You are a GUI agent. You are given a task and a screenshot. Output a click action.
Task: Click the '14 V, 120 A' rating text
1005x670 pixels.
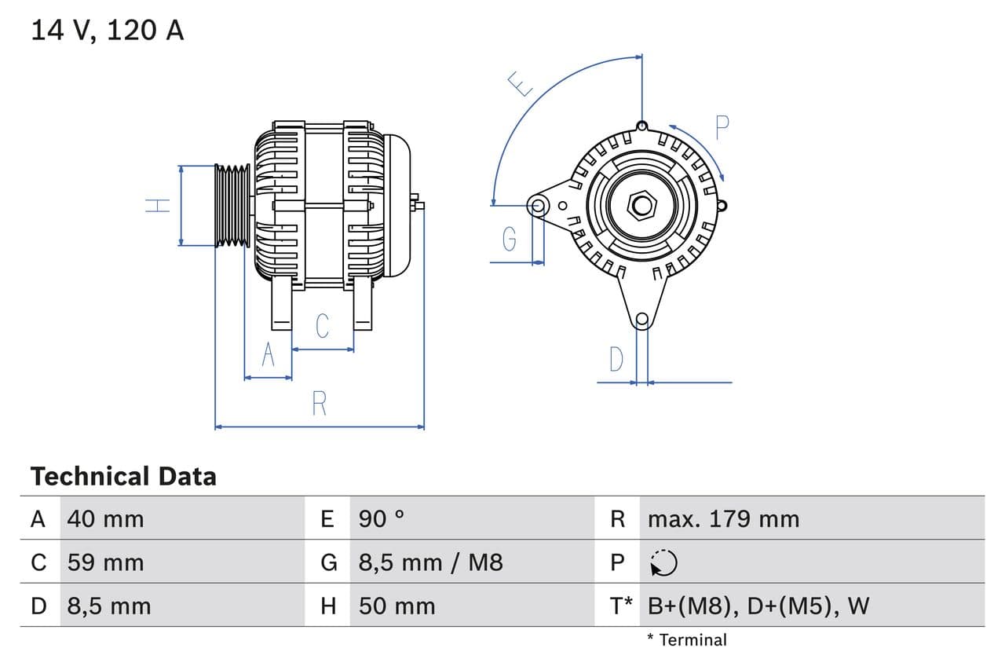tap(108, 30)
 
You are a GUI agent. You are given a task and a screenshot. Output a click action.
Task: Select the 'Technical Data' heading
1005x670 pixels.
tap(123, 477)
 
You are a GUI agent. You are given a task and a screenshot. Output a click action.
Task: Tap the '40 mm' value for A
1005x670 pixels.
tap(105, 519)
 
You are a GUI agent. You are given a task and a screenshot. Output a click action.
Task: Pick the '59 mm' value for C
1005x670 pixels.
tap(105, 562)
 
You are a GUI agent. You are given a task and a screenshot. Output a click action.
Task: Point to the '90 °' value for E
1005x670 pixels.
tap(382, 519)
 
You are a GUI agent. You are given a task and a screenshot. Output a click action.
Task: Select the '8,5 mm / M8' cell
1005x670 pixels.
tap(430, 562)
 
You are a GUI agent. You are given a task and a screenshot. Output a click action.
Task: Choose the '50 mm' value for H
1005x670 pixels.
tap(397, 606)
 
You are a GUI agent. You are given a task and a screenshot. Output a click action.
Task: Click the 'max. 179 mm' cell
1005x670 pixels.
tap(723, 519)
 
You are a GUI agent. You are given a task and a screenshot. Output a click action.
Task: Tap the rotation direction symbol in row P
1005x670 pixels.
tap(663, 562)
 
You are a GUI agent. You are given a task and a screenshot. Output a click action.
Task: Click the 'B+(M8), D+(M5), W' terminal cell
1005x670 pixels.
tap(758, 606)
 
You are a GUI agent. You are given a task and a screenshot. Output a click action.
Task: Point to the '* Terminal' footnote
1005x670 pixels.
tap(687, 640)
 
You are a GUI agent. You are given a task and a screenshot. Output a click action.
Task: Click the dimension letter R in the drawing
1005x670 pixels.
tap(319, 404)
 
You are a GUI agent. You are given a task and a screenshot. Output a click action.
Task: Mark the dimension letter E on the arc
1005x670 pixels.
tap(519, 83)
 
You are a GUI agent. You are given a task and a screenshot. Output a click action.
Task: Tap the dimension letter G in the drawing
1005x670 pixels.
tap(510, 238)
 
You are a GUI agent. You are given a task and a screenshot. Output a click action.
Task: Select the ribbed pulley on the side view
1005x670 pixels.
tap(232, 206)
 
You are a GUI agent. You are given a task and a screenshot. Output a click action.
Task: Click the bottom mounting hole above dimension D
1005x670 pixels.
tap(642, 319)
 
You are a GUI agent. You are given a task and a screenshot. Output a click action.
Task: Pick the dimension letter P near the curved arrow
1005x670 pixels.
tap(722, 127)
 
